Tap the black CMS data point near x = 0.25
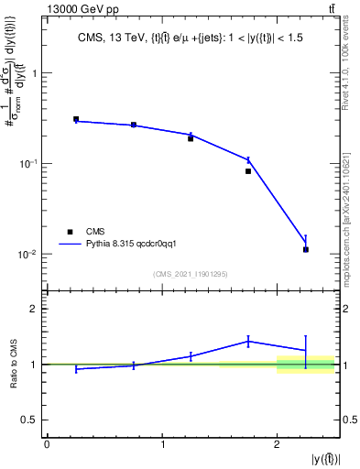[x=76, y=119]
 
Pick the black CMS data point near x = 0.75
[x=134, y=125]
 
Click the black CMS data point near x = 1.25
[x=191, y=138]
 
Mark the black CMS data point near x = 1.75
[x=248, y=171]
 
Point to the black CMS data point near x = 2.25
[x=306, y=249]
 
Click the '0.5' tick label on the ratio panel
[x=32, y=420]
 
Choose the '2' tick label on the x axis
[x=278, y=444]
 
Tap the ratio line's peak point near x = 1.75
[x=248, y=341]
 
